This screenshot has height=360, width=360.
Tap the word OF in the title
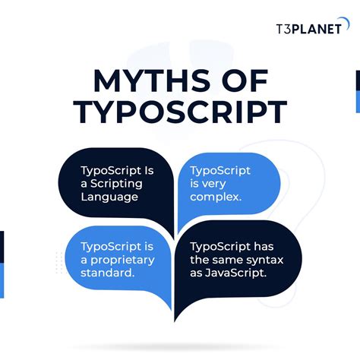[244, 83]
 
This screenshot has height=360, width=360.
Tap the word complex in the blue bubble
[215, 197]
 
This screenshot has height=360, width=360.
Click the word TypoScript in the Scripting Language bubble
[110, 170]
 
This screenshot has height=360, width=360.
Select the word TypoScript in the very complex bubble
[220, 170]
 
